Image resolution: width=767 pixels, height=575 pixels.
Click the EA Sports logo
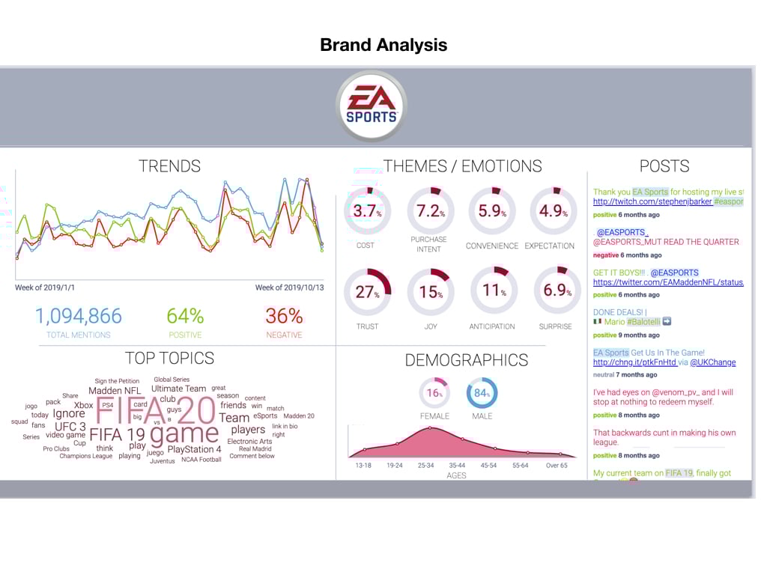coord(371,106)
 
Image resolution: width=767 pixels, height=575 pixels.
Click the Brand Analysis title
coord(383,45)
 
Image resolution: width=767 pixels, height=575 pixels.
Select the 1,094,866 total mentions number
coord(78,316)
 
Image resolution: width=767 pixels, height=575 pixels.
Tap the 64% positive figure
coord(185,316)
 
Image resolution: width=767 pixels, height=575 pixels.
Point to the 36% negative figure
coord(284,316)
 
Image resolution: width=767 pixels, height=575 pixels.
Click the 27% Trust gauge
coord(368,291)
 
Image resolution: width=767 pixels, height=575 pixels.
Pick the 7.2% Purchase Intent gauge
coord(430,210)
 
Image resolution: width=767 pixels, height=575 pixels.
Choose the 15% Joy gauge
coord(430,291)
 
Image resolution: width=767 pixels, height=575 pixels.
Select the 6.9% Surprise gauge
coord(557,291)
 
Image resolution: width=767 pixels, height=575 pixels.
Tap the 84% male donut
coord(482,393)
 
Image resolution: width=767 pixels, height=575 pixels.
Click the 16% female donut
coord(434,393)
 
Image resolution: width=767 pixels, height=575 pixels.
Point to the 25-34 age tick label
coord(425,465)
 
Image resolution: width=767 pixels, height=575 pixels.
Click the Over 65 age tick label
coord(556,465)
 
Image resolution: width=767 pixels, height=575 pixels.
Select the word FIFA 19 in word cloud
coord(117,434)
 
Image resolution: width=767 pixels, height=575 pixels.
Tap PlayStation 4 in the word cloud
coord(194,449)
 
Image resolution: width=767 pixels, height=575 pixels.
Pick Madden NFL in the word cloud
coord(115,391)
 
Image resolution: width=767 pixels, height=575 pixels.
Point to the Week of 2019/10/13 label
coord(288,287)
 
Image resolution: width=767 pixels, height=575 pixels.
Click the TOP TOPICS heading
coord(169,358)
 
